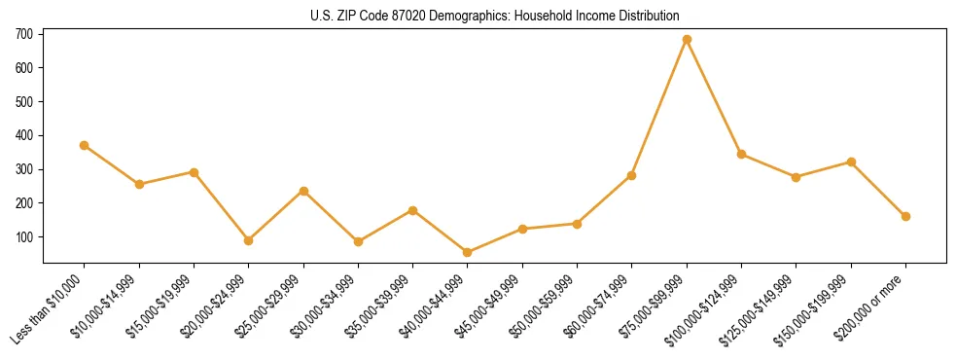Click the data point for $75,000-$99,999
point(687,40)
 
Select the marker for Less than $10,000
point(85,145)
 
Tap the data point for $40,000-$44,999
point(468,252)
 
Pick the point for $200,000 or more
point(905,216)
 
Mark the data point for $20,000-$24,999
point(249,240)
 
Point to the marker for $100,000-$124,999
point(741,154)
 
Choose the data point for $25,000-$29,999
point(303,191)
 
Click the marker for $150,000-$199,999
point(851,162)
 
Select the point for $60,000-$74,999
point(632,175)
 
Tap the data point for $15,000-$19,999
point(194,172)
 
